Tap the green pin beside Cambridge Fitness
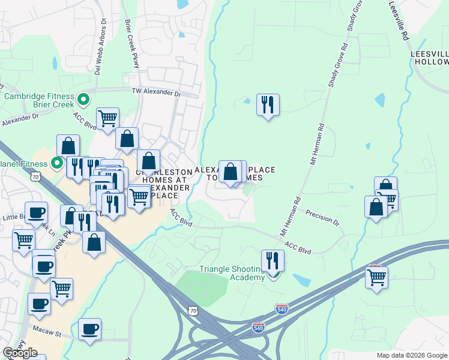84,100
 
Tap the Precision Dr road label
322,217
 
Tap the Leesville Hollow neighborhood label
430,58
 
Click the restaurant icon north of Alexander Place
267,105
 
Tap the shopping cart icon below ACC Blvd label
107,118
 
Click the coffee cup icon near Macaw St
89,329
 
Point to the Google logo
20,353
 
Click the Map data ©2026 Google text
411,355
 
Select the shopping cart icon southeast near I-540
376,277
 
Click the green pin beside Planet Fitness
57,163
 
